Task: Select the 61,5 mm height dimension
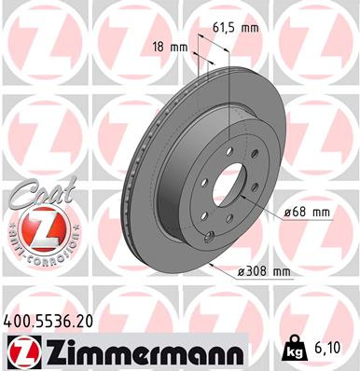click(x=235, y=28)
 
